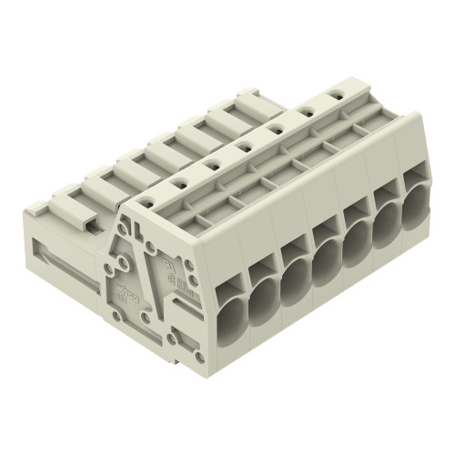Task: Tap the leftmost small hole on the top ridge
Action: tap(178, 182)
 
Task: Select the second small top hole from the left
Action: tap(211, 164)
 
